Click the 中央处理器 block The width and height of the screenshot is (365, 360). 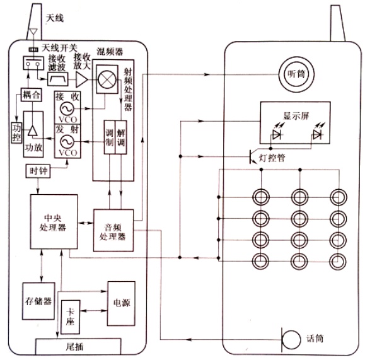pyautogui.click(x=54, y=222)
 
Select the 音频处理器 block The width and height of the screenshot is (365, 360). pyautogui.click(x=113, y=230)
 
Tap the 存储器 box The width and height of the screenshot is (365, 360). pyautogui.click(x=38, y=301)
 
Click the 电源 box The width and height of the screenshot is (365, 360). pyautogui.click(x=121, y=303)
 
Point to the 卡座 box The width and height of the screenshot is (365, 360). pyautogui.click(x=71, y=317)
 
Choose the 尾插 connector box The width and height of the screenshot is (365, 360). pyautogui.click(x=78, y=347)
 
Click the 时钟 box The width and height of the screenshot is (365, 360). pyautogui.click(x=38, y=171)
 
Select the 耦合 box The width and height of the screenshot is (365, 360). pyautogui.click(x=32, y=95)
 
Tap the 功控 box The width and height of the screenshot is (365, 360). pyautogui.click(x=16, y=132)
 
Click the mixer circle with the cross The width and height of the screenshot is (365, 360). pyautogui.click(x=107, y=79)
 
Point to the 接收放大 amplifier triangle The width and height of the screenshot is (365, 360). pyautogui.click(x=81, y=79)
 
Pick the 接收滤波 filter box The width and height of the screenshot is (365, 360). pyautogui.click(x=58, y=79)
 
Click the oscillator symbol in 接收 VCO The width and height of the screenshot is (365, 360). pyautogui.click(x=67, y=108)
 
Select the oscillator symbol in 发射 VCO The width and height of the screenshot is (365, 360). pyautogui.click(x=67, y=142)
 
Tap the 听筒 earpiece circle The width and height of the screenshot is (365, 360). pyautogui.click(x=296, y=74)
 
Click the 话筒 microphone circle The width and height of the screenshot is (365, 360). pyautogui.click(x=291, y=340)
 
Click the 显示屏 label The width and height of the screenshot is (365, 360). pyautogui.click(x=296, y=116)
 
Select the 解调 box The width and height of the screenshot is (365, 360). pyautogui.click(x=121, y=137)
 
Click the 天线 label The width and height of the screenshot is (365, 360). pyautogui.click(x=54, y=18)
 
